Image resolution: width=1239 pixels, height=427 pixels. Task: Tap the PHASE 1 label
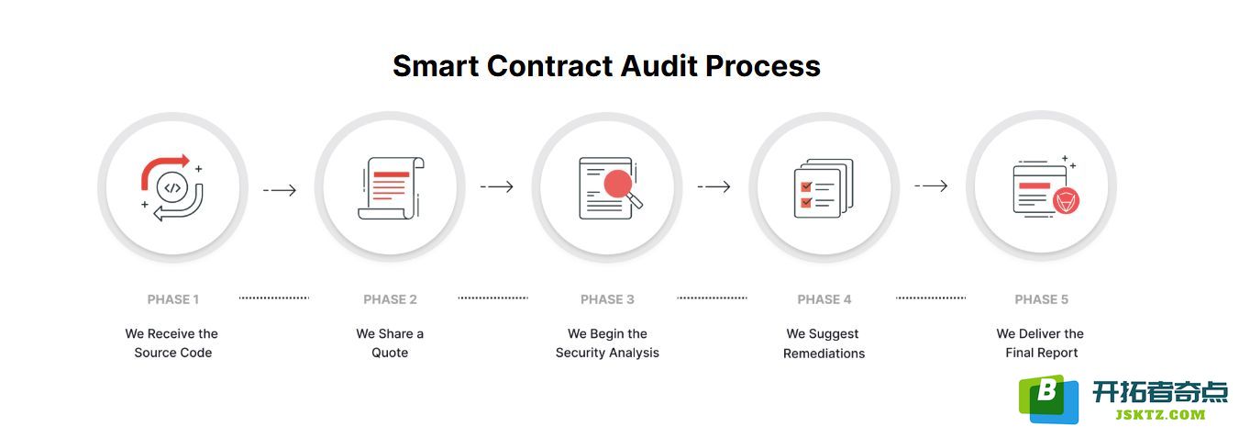[173, 299]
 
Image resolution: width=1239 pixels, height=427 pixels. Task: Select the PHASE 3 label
[607, 299]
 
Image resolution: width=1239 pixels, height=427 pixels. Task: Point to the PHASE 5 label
[1042, 299]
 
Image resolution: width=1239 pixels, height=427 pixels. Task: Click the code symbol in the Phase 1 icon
[172, 187]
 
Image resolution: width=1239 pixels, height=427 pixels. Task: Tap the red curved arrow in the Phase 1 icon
[163, 169]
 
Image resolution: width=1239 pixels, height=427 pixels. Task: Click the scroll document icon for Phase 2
[391, 188]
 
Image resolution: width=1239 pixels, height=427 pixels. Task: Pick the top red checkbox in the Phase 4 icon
[806, 186]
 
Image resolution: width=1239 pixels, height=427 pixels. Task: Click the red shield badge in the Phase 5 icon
[1066, 201]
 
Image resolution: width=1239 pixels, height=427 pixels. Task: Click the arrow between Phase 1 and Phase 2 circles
[280, 190]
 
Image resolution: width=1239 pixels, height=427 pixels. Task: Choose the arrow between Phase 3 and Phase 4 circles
[714, 186]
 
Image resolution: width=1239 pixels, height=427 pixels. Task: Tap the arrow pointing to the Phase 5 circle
[931, 185]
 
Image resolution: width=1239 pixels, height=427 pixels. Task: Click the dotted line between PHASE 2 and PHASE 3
[492, 298]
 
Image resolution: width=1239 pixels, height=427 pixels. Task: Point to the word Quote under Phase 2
[390, 353]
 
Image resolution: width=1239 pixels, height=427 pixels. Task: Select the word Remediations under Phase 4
[824, 354]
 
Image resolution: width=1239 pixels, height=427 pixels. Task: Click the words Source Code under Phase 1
[173, 353]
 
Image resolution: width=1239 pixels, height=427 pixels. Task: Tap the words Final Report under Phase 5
[1042, 353]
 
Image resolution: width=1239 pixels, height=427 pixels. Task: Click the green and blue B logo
[1048, 399]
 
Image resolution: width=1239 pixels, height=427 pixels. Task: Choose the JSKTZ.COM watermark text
[1160, 415]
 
